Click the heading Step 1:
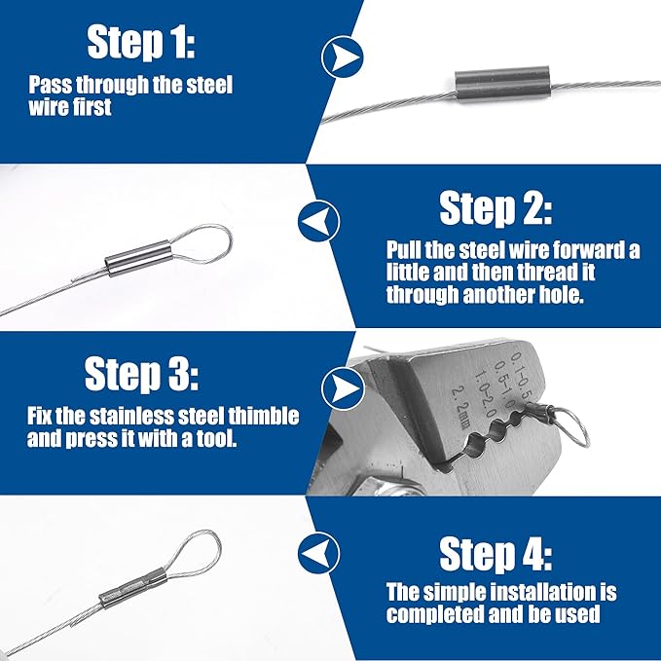click(x=141, y=42)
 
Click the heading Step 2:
click(x=496, y=207)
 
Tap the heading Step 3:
click(x=141, y=374)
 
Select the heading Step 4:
click(x=496, y=554)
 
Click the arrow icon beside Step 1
click(x=343, y=56)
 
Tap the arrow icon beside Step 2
click(x=318, y=221)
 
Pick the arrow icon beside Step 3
click(x=343, y=388)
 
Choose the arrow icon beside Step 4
click(x=318, y=553)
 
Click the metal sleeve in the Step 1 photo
click(x=502, y=87)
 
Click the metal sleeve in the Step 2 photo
click(x=138, y=258)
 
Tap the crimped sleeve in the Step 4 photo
click(x=133, y=587)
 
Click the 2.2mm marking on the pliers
click(x=460, y=407)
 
